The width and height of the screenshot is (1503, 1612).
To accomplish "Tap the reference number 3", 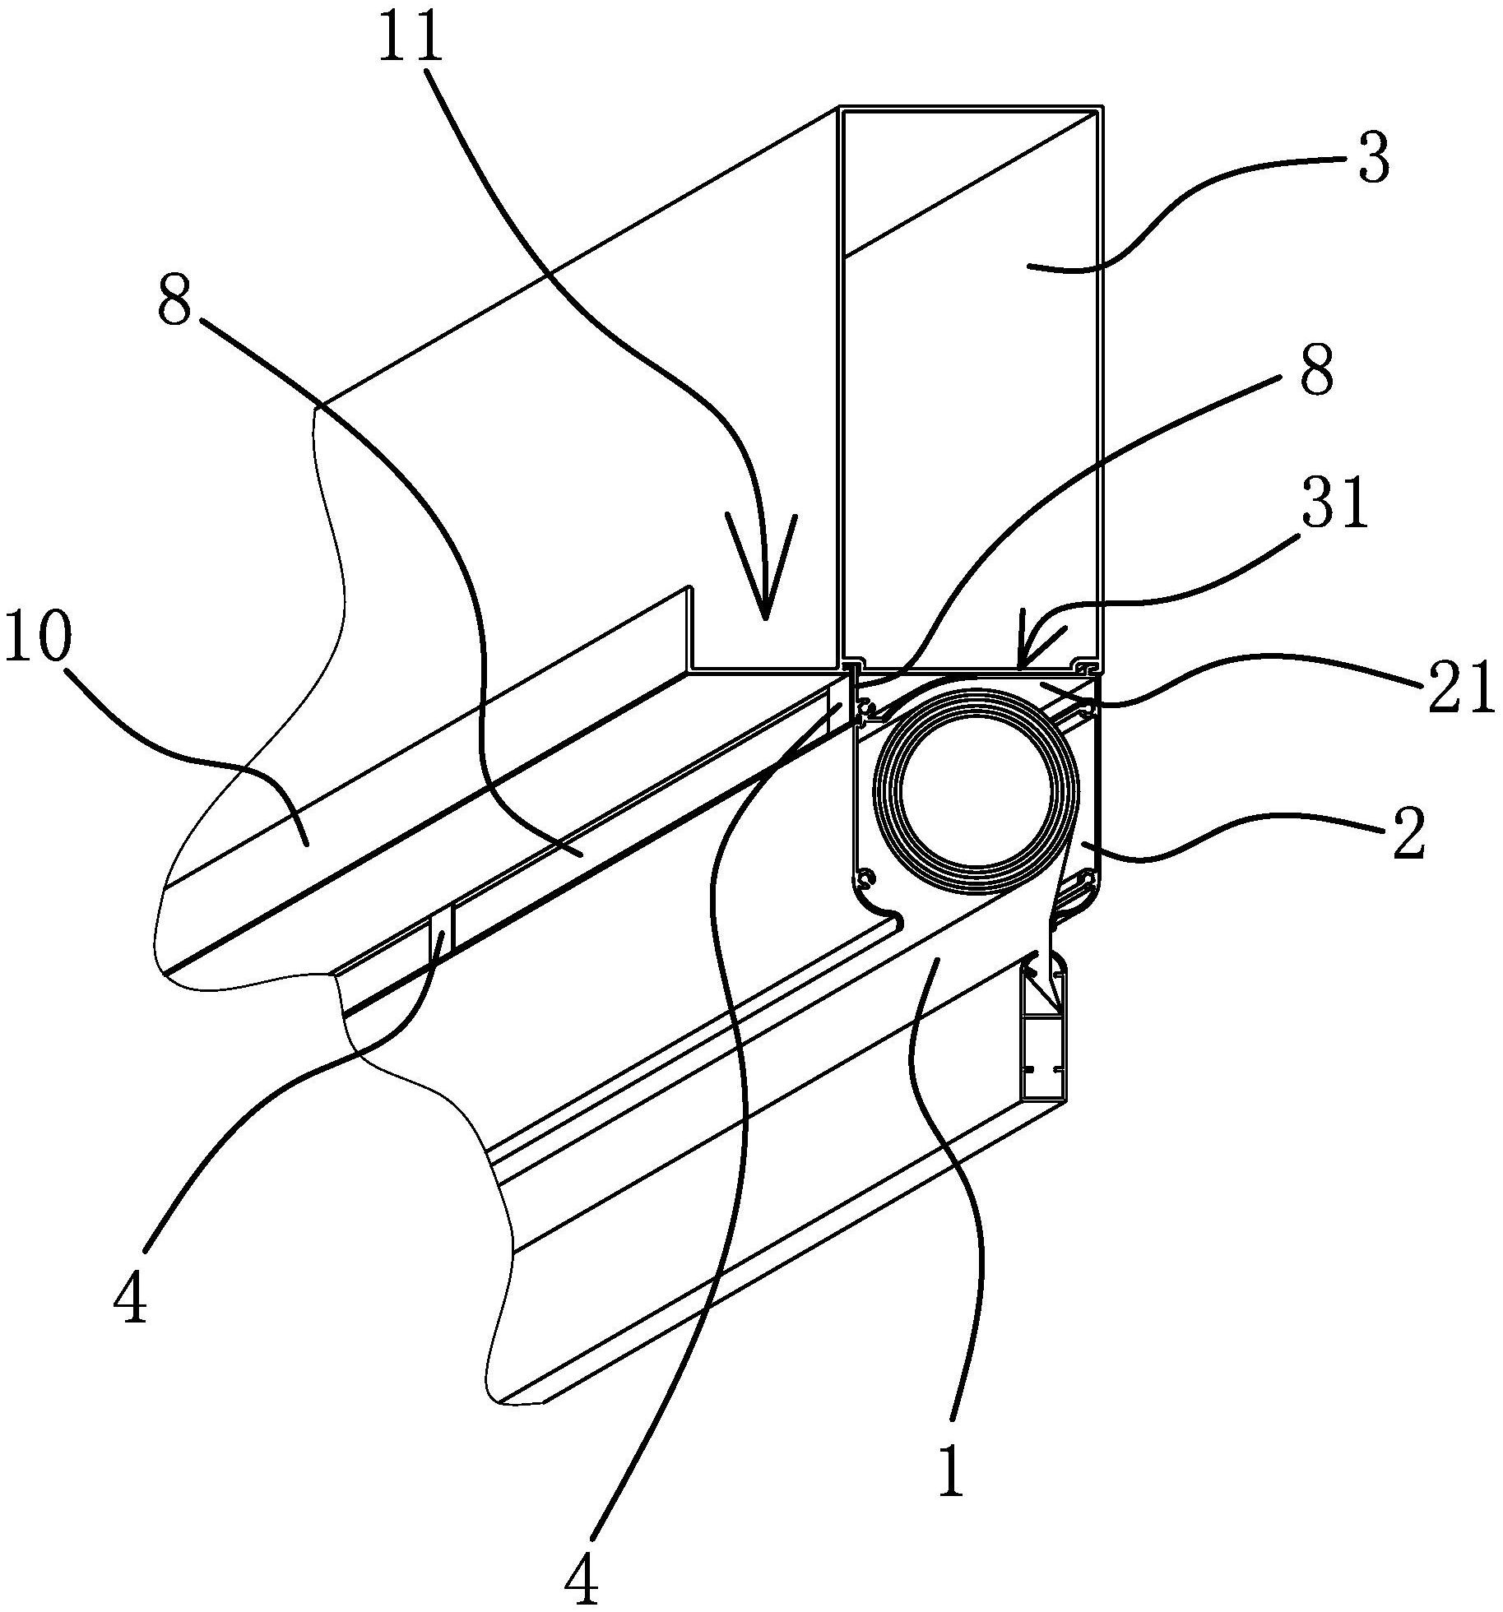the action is [1373, 159].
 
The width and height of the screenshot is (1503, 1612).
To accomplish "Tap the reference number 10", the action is [38, 638].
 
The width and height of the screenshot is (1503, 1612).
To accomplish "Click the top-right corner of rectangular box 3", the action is [1102, 107].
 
